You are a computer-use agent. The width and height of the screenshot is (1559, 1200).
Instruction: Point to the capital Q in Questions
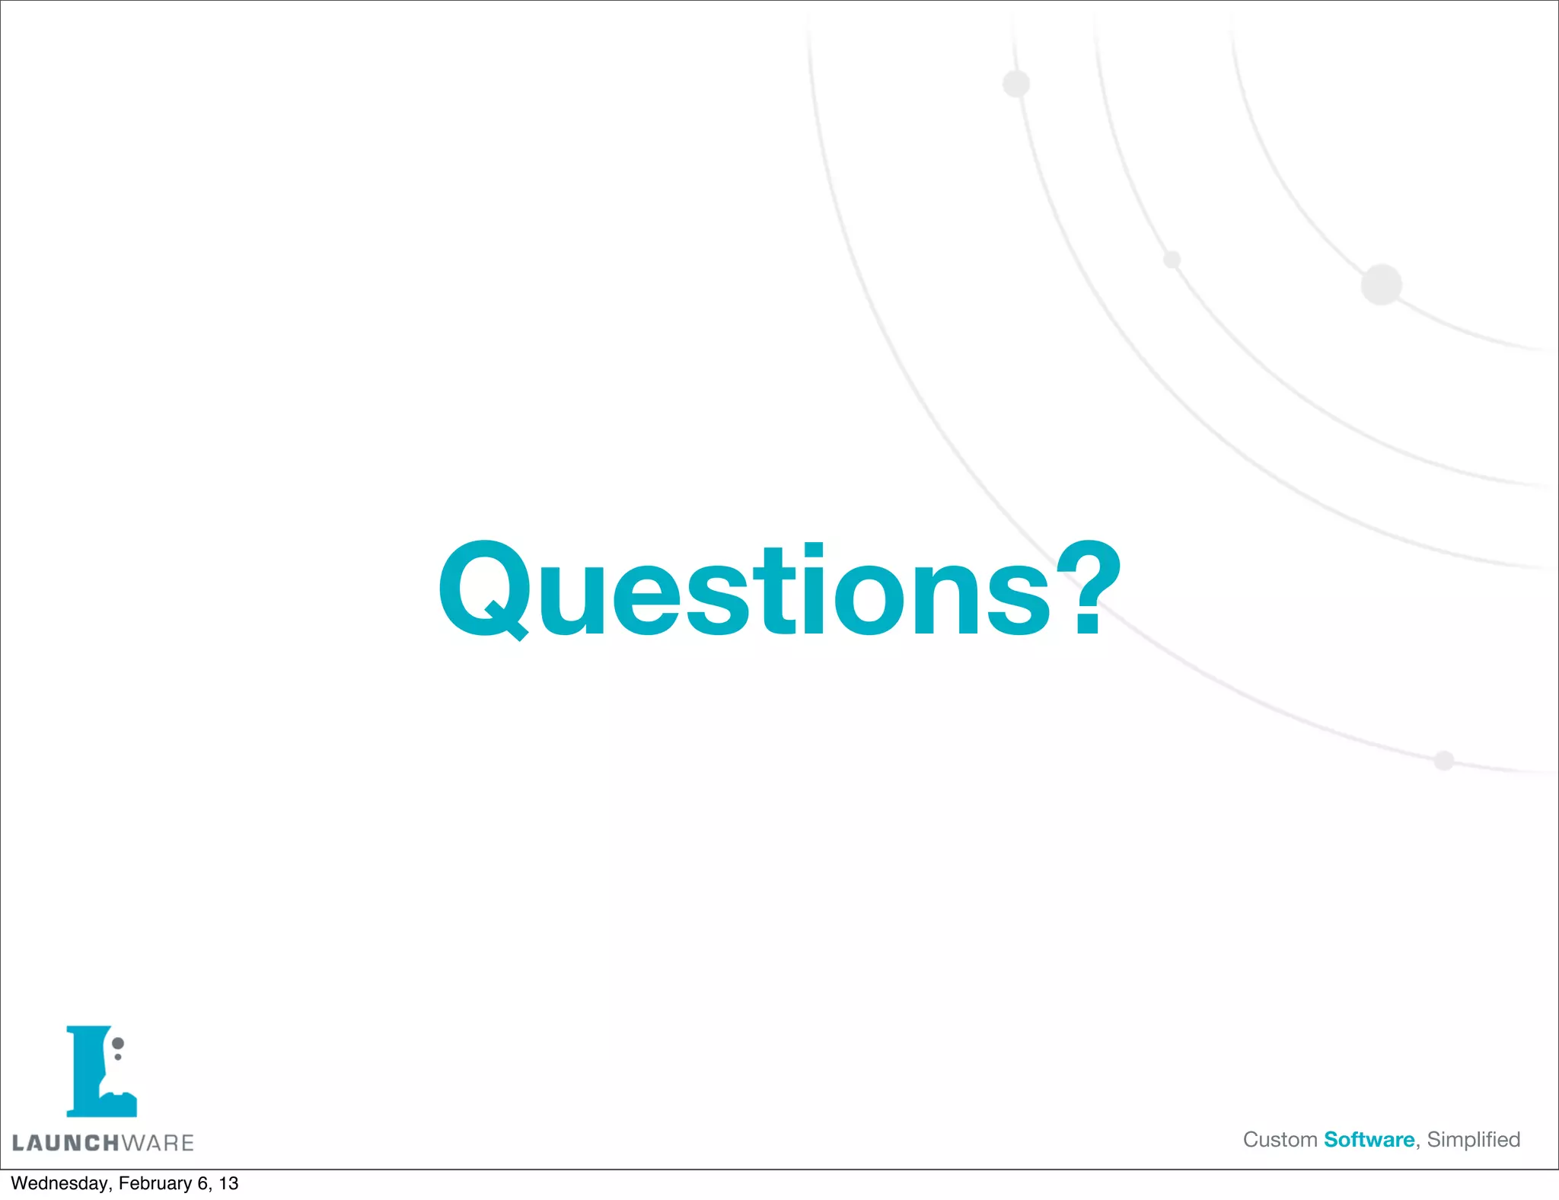(x=484, y=589)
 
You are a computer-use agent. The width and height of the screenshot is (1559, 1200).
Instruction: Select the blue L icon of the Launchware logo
(x=96, y=1074)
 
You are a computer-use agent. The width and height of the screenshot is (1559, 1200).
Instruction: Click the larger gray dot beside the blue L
(x=118, y=1043)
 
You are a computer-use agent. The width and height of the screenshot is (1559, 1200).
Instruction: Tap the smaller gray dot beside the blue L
(x=118, y=1057)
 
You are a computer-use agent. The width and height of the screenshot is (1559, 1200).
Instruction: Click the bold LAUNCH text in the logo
(x=65, y=1143)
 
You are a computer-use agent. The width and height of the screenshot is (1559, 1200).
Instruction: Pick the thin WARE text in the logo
(x=158, y=1143)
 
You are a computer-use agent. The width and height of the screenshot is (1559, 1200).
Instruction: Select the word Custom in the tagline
(x=1280, y=1140)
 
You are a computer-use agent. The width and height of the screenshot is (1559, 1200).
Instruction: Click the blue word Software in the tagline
(x=1369, y=1140)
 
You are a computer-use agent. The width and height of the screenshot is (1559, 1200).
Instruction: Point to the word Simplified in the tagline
(x=1473, y=1140)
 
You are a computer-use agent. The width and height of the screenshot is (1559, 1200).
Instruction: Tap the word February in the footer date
(x=155, y=1183)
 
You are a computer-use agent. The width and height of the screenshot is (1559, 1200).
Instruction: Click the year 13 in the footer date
(x=228, y=1183)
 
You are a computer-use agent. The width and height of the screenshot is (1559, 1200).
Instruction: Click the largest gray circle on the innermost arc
(x=1381, y=285)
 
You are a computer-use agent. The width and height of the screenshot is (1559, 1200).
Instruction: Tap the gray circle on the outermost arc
(x=1443, y=760)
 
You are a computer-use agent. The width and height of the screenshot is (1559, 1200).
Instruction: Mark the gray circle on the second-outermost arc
(x=1016, y=84)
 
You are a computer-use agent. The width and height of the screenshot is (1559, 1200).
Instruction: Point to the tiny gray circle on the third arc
(x=1172, y=260)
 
